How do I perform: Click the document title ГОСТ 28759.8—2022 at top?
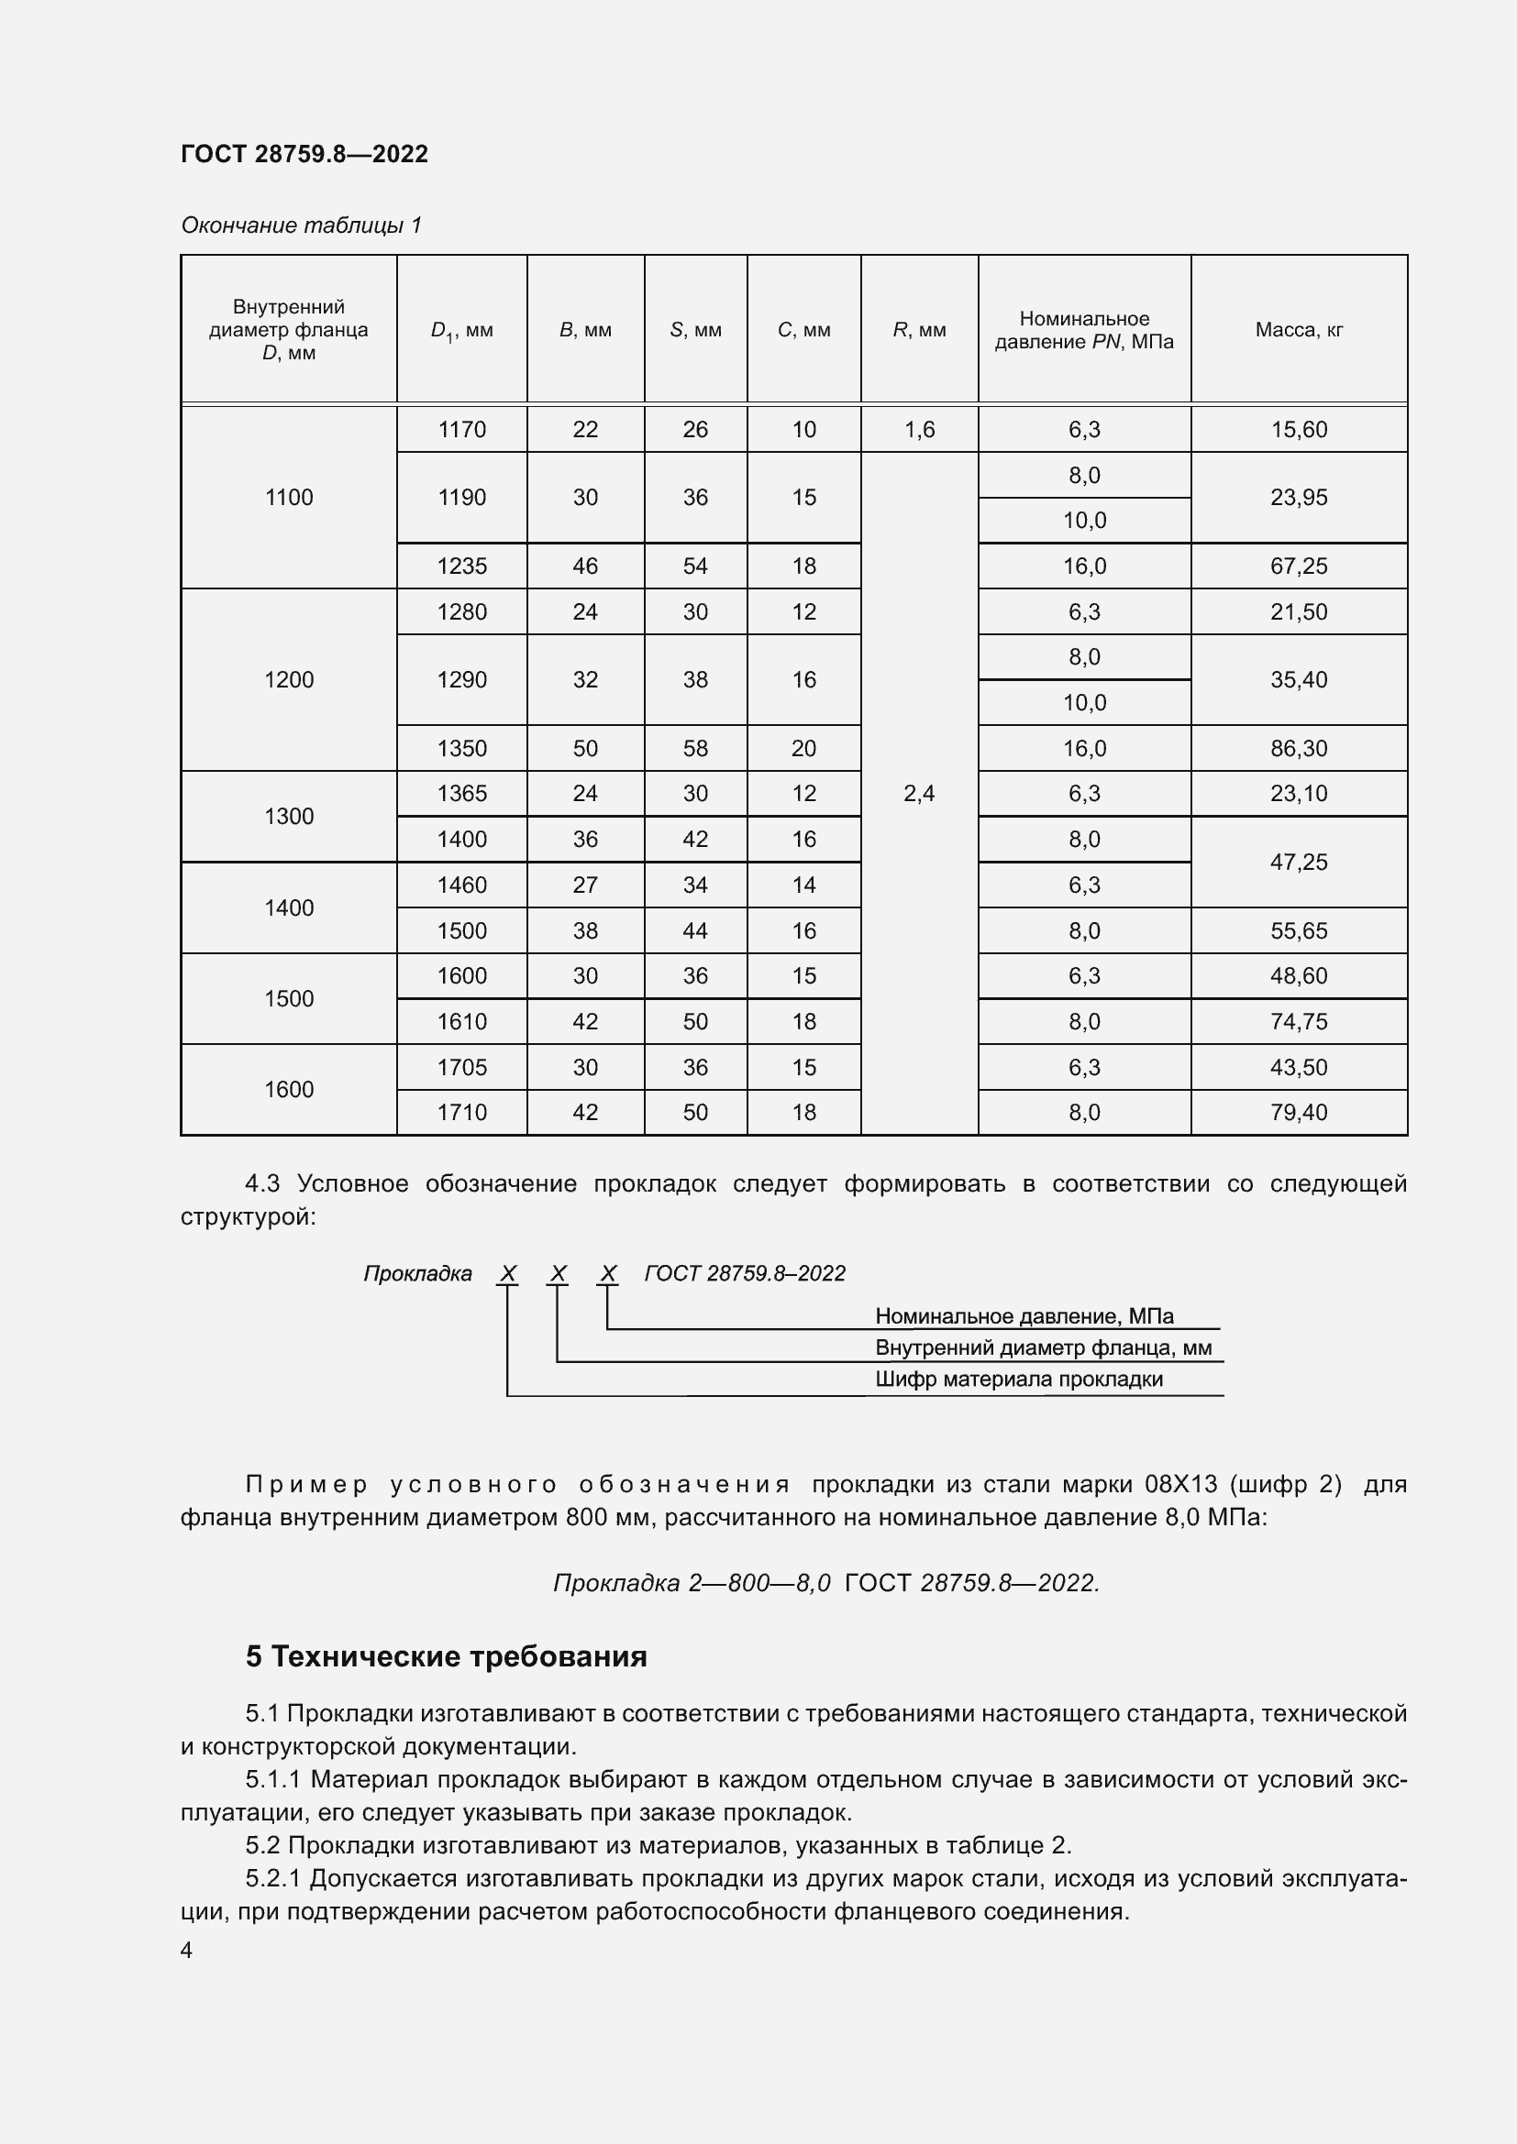pyautogui.click(x=304, y=154)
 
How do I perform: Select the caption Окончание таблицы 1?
pyautogui.click(x=301, y=225)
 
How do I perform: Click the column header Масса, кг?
pyautogui.click(x=1299, y=330)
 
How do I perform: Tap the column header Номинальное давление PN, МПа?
pyautogui.click(x=1083, y=330)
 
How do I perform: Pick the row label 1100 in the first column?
pyautogui.click(x=289, y=498)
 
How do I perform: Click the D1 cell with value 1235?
pyautogui.click(x=461, y=566)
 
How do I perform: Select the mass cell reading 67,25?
pyautogui.click(x=1299, y=566)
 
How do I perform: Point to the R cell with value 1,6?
pyautogui.click(x=919, y=430)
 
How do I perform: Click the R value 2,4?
pyautogui.click(x=919, y=794)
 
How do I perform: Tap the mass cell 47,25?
pyautogui.click(x=1299, y=862)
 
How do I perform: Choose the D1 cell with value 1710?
pyautogui.click(x=461, y=1112)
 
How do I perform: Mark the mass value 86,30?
pyautogui.click(x=1299, y=748)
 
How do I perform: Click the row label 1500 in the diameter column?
pyautogui.click(x=289, y=999)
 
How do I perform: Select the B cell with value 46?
pyautogui.click(x=585, y=566)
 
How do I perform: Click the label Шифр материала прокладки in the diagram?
pyautogui.click(x=1018, y=1380)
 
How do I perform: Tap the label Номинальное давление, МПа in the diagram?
pyautogui.click(x=1024, y=1315)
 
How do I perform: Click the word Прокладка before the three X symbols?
pyautogui.click(x=417, y=1274)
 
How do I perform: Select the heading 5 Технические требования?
pyautogui.click(x=447, y=1656)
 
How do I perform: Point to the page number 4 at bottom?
pyautogui.click(x=187, y=1951)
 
